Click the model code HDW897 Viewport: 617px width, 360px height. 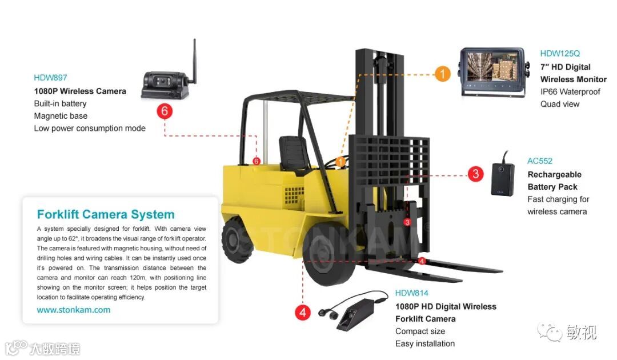coord(50,78)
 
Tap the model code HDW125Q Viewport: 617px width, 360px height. coord(560,54)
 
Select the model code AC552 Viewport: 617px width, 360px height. coord(540,161)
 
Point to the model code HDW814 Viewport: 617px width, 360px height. coord(411,293)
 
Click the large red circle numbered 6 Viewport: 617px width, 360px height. coord(165,111)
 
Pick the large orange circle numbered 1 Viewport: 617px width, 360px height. coord(442,74)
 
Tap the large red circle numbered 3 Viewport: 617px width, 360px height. coord(475,174)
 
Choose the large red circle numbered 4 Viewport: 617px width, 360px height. coord(303,313)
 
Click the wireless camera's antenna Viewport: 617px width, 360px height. coord(194,57)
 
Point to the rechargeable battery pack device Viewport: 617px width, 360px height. coord(502,179)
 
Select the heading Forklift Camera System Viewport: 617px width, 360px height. coord(106,215)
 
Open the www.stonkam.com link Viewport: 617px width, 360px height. coord(74,310)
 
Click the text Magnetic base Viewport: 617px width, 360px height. coord(61,116)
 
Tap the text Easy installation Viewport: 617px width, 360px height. coord(425,343)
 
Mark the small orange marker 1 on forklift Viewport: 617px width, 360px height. coord(341,162)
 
